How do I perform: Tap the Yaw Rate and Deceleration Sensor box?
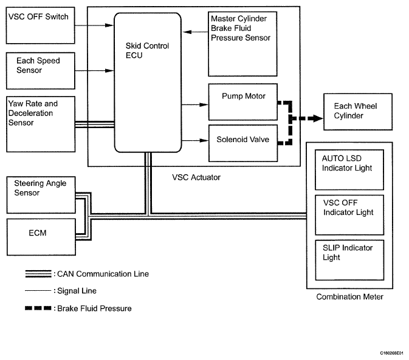(40, 123)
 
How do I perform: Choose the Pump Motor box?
(242, 101)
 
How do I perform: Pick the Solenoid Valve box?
(242, 140)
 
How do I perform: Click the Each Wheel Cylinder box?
(357, 112)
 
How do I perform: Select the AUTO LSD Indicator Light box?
(349, 170)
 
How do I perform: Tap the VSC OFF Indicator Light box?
(349, 213)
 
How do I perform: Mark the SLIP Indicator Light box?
(349, 259)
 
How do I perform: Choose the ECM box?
(40, 237)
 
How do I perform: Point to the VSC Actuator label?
(196, 177)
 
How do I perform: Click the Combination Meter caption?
(349, 297)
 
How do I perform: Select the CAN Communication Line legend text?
(101, 274)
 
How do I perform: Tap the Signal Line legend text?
(76, 291)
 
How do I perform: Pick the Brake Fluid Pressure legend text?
(94, 308)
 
